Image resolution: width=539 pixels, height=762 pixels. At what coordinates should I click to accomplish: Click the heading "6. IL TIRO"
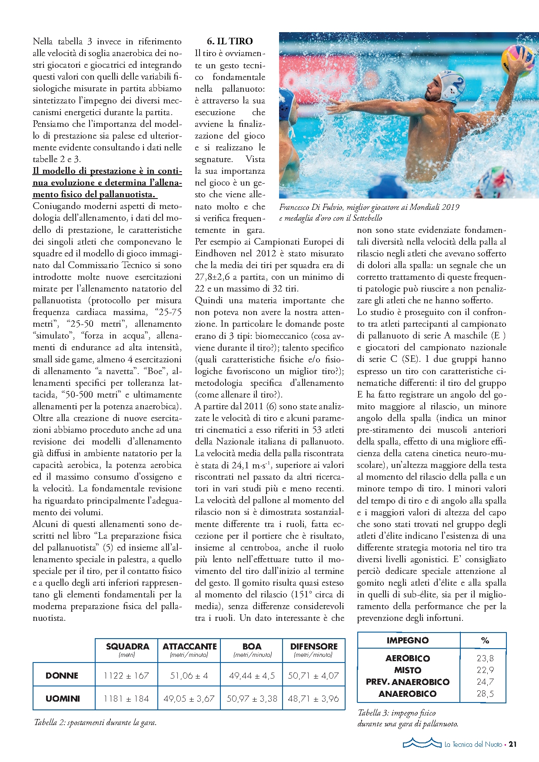click(230, 41)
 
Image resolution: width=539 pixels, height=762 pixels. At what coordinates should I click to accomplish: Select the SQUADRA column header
click(127, 646)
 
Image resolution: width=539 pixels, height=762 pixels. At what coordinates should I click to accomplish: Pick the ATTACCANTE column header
click(189, 646)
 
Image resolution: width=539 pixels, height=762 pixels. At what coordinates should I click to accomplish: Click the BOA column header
click(252, 646)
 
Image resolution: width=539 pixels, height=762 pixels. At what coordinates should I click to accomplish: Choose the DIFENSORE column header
click(313, 646)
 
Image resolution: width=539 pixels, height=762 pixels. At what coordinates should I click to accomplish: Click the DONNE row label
click(62, 676)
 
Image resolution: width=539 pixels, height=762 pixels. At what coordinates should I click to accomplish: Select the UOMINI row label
click(63, 699)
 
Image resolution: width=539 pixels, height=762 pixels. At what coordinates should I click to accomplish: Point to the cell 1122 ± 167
click(126, 676)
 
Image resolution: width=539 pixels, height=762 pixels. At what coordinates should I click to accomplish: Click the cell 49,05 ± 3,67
click(189, 699)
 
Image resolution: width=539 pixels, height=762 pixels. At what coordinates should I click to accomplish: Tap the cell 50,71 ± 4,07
click(313, 676)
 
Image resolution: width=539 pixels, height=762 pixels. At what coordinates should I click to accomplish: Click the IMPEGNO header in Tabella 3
click(407, 640)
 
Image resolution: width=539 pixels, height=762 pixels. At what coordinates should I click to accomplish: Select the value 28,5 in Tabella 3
click(485, 694)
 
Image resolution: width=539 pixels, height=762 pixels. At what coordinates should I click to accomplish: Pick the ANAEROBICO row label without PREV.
click(407, 694)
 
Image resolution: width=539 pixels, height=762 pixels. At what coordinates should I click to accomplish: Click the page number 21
click(512, 744)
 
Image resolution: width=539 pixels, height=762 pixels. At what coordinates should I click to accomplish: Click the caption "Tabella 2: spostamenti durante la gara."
click(95, 723)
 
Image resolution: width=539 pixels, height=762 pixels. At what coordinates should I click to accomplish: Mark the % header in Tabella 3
click(485, 640)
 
